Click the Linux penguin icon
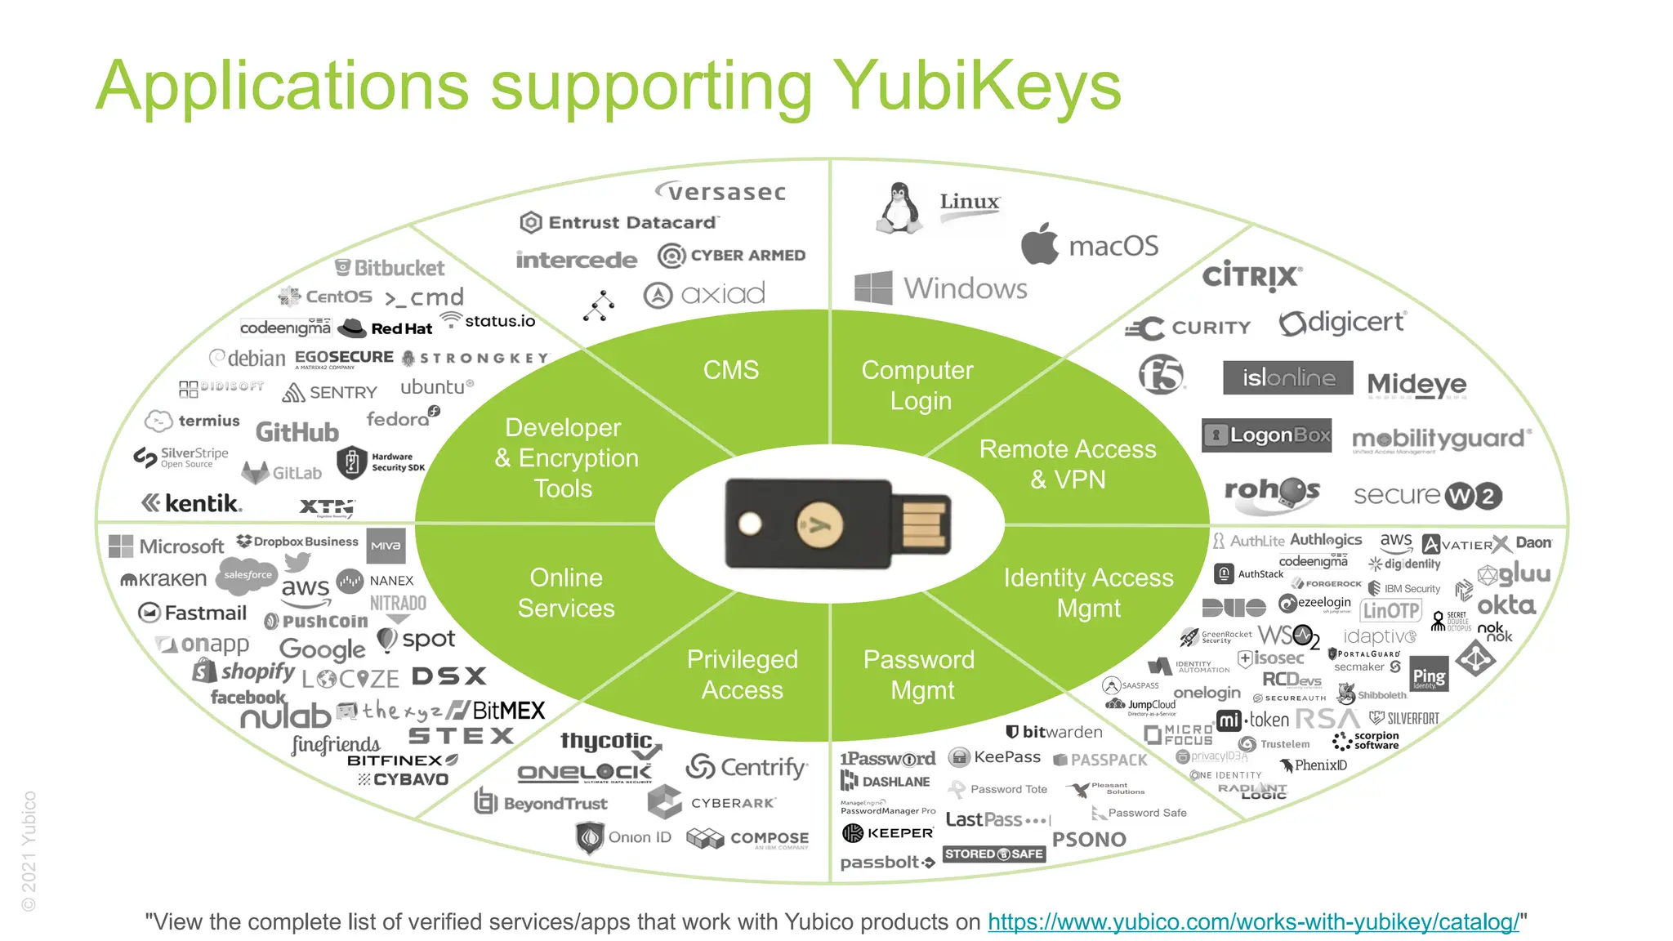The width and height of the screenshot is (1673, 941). pos(899,209)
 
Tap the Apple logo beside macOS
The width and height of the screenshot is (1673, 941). pos(1040,244)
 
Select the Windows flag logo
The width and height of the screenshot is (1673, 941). pos(873,288)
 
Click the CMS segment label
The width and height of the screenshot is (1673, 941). pos(731,370)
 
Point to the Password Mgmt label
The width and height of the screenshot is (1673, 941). pos(920,675)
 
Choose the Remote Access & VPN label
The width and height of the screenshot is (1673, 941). pos(1068,464)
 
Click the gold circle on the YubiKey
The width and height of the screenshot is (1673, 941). pos(819,524)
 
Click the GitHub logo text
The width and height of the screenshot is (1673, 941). pos(297,432)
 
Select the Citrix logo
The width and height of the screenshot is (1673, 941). pos(1251,276)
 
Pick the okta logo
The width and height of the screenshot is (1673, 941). pos(1506,605)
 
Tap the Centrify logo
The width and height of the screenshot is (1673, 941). pos(747,767)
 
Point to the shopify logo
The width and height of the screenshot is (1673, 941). pos(245,671)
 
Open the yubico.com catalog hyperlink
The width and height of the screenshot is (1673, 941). pos(1253,922)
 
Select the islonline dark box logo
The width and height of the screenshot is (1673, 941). pos(1287,377)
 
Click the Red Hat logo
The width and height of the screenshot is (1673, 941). pos(385,328)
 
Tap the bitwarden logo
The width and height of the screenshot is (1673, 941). pos(1054,732)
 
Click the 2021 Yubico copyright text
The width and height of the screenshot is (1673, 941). pos(29,850)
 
